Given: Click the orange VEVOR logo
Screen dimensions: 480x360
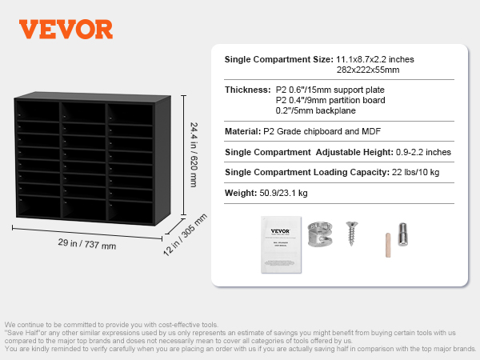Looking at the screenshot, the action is [x=66, y=30].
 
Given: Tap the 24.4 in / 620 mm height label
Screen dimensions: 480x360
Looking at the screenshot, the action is [x=194, y=155].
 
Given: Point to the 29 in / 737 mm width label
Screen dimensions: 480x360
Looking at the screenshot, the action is [x=87, y=244].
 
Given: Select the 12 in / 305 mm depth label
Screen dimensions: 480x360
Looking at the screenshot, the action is [x=185, y=234].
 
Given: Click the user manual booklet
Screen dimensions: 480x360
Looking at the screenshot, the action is [x=281, y=245].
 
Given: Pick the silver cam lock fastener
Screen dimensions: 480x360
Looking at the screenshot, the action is [x=320, y=234].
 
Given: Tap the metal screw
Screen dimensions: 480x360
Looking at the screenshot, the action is [x=352, y=234].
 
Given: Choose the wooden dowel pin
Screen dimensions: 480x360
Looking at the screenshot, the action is [x=388, y=246].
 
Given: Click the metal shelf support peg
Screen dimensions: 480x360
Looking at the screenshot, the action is [x=402, y=234].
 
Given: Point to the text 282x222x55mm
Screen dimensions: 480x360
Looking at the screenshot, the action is [x=368, y=70].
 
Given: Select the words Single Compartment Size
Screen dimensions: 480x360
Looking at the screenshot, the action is [x=279, y=59].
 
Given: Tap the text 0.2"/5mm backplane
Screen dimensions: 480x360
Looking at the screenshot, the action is [x=316, y=110].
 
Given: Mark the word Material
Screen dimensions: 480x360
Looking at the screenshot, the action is [x=242, y=131].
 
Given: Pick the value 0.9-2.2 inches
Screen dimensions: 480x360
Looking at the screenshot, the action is [x=423, y=152].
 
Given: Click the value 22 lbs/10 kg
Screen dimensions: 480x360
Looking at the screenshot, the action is [x=416, y=172].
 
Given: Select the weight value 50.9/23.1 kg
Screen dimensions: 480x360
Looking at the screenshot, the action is [x=283, y=193].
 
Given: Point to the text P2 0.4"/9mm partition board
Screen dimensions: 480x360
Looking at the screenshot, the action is [x=330, y=100].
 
